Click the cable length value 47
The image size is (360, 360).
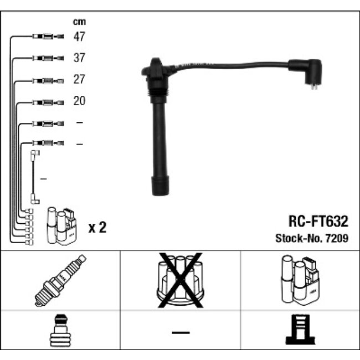79,37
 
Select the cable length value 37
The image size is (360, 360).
79,58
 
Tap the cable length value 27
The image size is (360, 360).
79,80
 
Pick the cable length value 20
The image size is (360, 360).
79,101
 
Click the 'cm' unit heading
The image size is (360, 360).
79,22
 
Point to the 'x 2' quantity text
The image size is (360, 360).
97,228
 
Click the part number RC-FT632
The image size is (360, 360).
318,222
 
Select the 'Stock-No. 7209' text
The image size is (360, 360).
312,239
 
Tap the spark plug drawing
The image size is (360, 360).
60,280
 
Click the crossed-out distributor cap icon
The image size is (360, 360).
180,280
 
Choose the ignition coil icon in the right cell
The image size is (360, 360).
300,280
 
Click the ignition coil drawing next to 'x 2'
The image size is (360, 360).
62,225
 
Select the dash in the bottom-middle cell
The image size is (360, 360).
180,332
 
